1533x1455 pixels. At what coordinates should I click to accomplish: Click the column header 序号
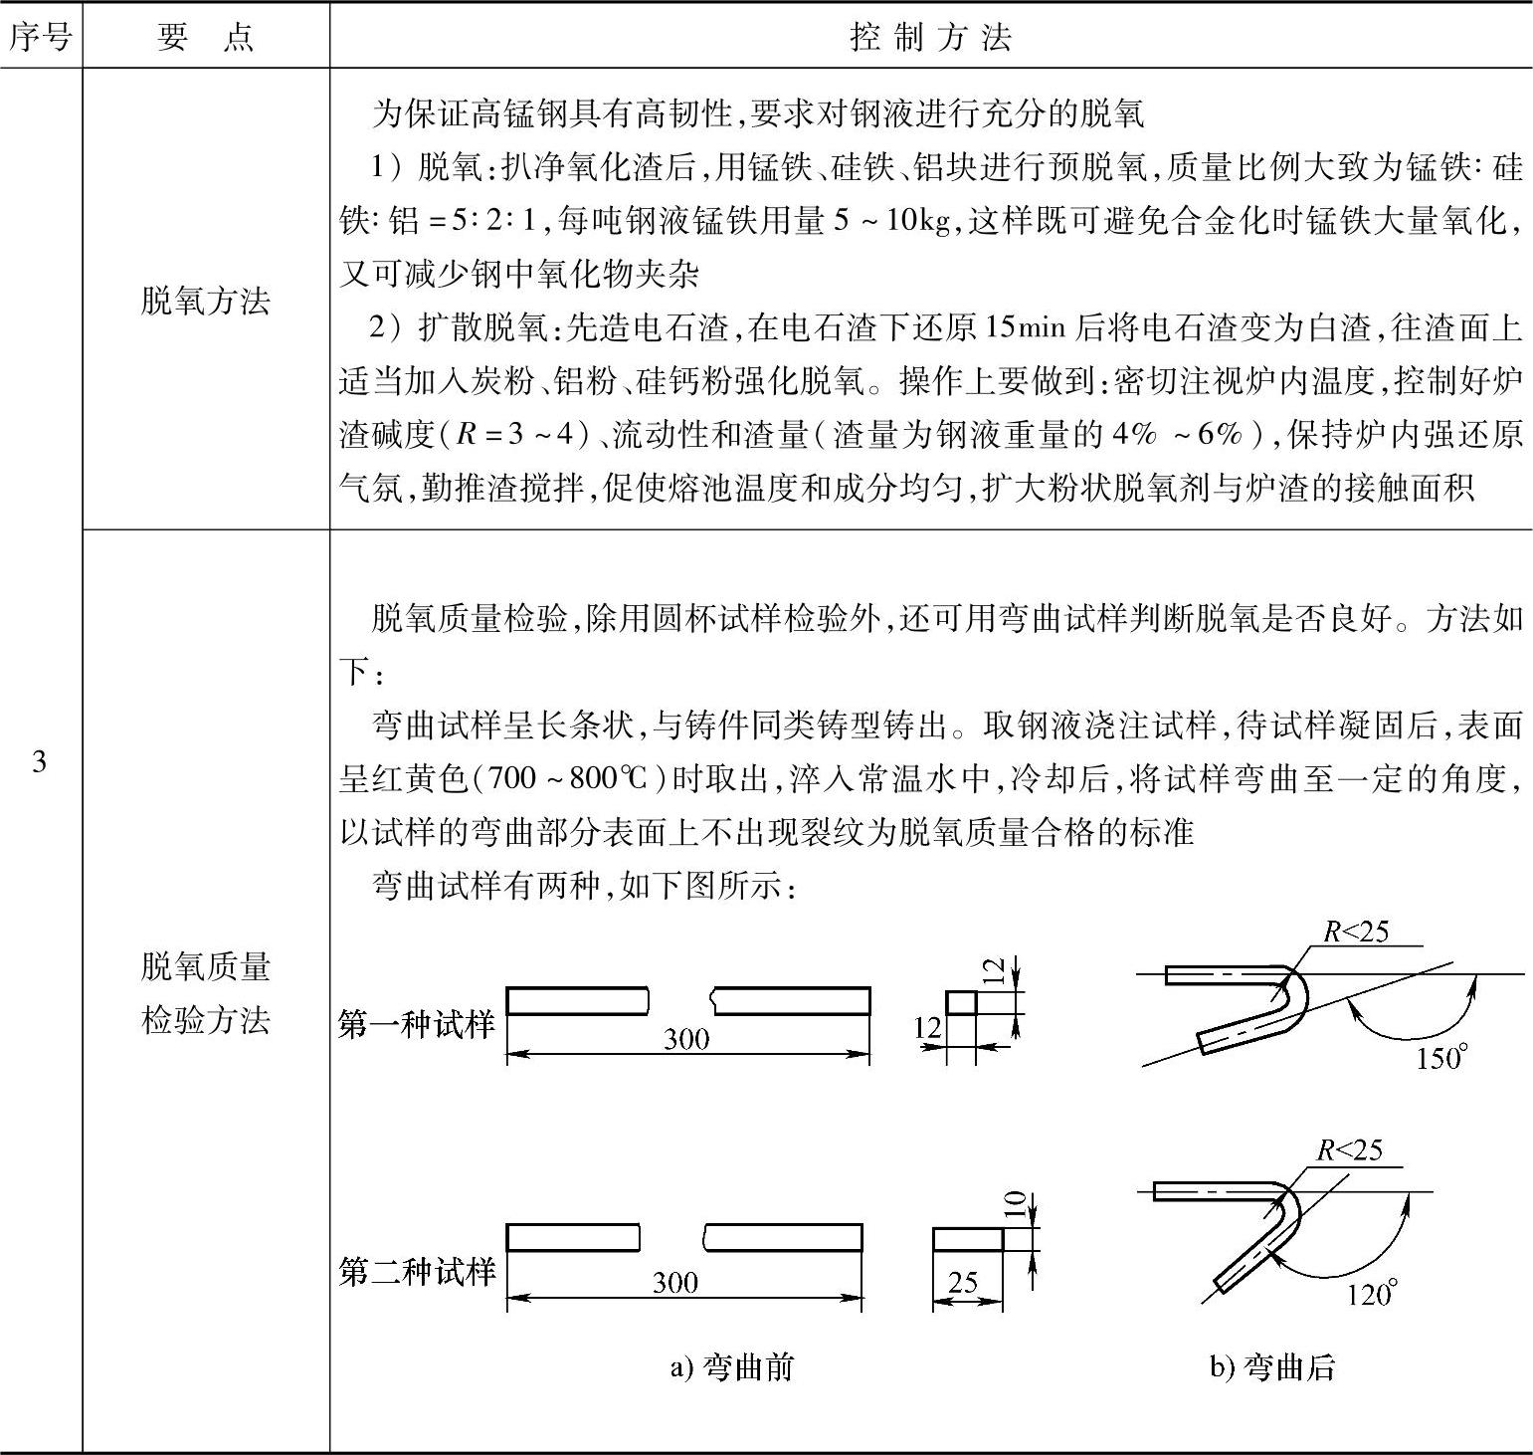[x=40, y=37]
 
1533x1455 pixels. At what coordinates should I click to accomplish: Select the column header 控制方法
[x=930, y=37]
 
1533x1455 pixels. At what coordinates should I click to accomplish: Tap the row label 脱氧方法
[x=205, y=300]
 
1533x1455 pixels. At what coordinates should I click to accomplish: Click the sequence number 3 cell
[x=40, y=762]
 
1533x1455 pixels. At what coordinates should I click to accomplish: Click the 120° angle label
[x=1372, y=1293]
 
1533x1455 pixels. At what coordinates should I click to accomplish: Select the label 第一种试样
[x=416, y=1024]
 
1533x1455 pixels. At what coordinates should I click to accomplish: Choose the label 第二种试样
[x=416, y=1271]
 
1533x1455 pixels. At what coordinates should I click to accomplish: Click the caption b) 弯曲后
[x=1272, y=1366]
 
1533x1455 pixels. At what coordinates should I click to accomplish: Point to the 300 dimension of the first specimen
[x=686, y=1039]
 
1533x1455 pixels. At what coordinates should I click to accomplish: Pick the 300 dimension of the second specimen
[x=674, y=1282]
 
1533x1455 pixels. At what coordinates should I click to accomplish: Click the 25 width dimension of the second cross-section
[x=962, y=1282]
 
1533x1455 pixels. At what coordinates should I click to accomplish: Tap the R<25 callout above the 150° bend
[x=1355, y=932]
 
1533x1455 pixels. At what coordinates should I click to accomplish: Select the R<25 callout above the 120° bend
[x=1349, y=1150]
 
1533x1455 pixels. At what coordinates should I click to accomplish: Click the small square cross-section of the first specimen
[x=960, y=1002]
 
